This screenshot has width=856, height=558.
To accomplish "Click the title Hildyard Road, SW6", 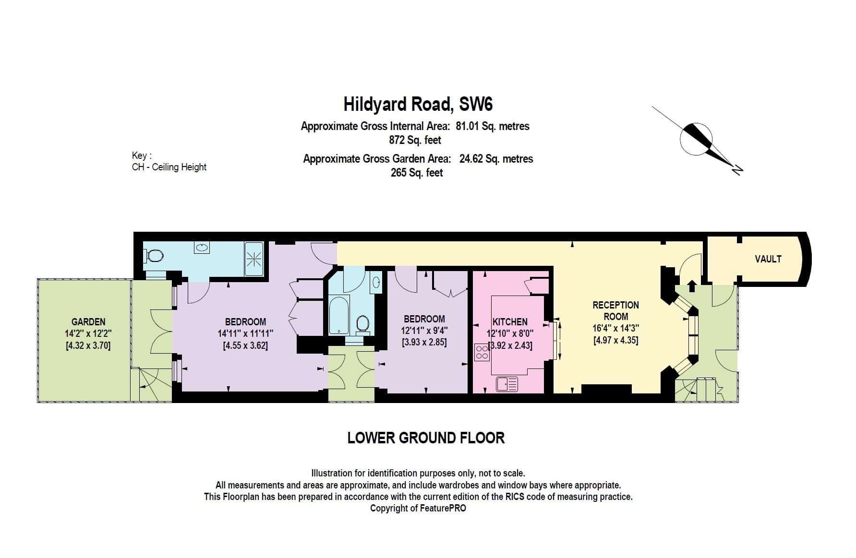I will pyautogui.click(x=418, y=104).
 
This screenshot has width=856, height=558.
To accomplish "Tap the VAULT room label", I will pyautogui.click(x=768, y=259).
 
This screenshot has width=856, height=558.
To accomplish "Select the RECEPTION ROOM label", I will pyautogui.click(x=615, y=311).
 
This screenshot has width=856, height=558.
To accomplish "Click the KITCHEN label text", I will pyautogui.click(x=510, y=322).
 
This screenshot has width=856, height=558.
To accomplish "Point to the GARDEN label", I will pyautogui.click(x=88, y=322).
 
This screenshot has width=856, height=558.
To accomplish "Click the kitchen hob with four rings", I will pyautogui.click(x=482, y=352).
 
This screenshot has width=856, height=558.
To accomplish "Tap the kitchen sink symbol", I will pyautogui.click(x=507, y=384).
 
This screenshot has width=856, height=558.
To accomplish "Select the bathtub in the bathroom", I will pyautogui.click(x=339, y=315).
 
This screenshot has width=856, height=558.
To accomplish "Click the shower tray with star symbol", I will pyautogui.click(x=254, y=259).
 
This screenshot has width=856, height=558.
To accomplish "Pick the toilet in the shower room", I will pyautogui.click(x=155, y=255).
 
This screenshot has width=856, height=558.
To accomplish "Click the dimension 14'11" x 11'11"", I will pyautogui.click(x=245, y=333).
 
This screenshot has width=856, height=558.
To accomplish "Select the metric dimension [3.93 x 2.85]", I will pyautogui.click(x=424, y=343).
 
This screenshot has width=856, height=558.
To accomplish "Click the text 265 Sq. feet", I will pyautogui.click(x=416, y=173).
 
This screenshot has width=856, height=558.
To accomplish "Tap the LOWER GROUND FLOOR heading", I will pyautogui.click(x=426, y=438).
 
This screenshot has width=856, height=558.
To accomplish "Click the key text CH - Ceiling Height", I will pyautogui.click(x=169, y=167).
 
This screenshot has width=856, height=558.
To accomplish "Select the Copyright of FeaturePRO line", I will pyautogui.click(x=418, y=508).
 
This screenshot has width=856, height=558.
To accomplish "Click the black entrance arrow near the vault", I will pyautogui.click(x=691, y=286).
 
